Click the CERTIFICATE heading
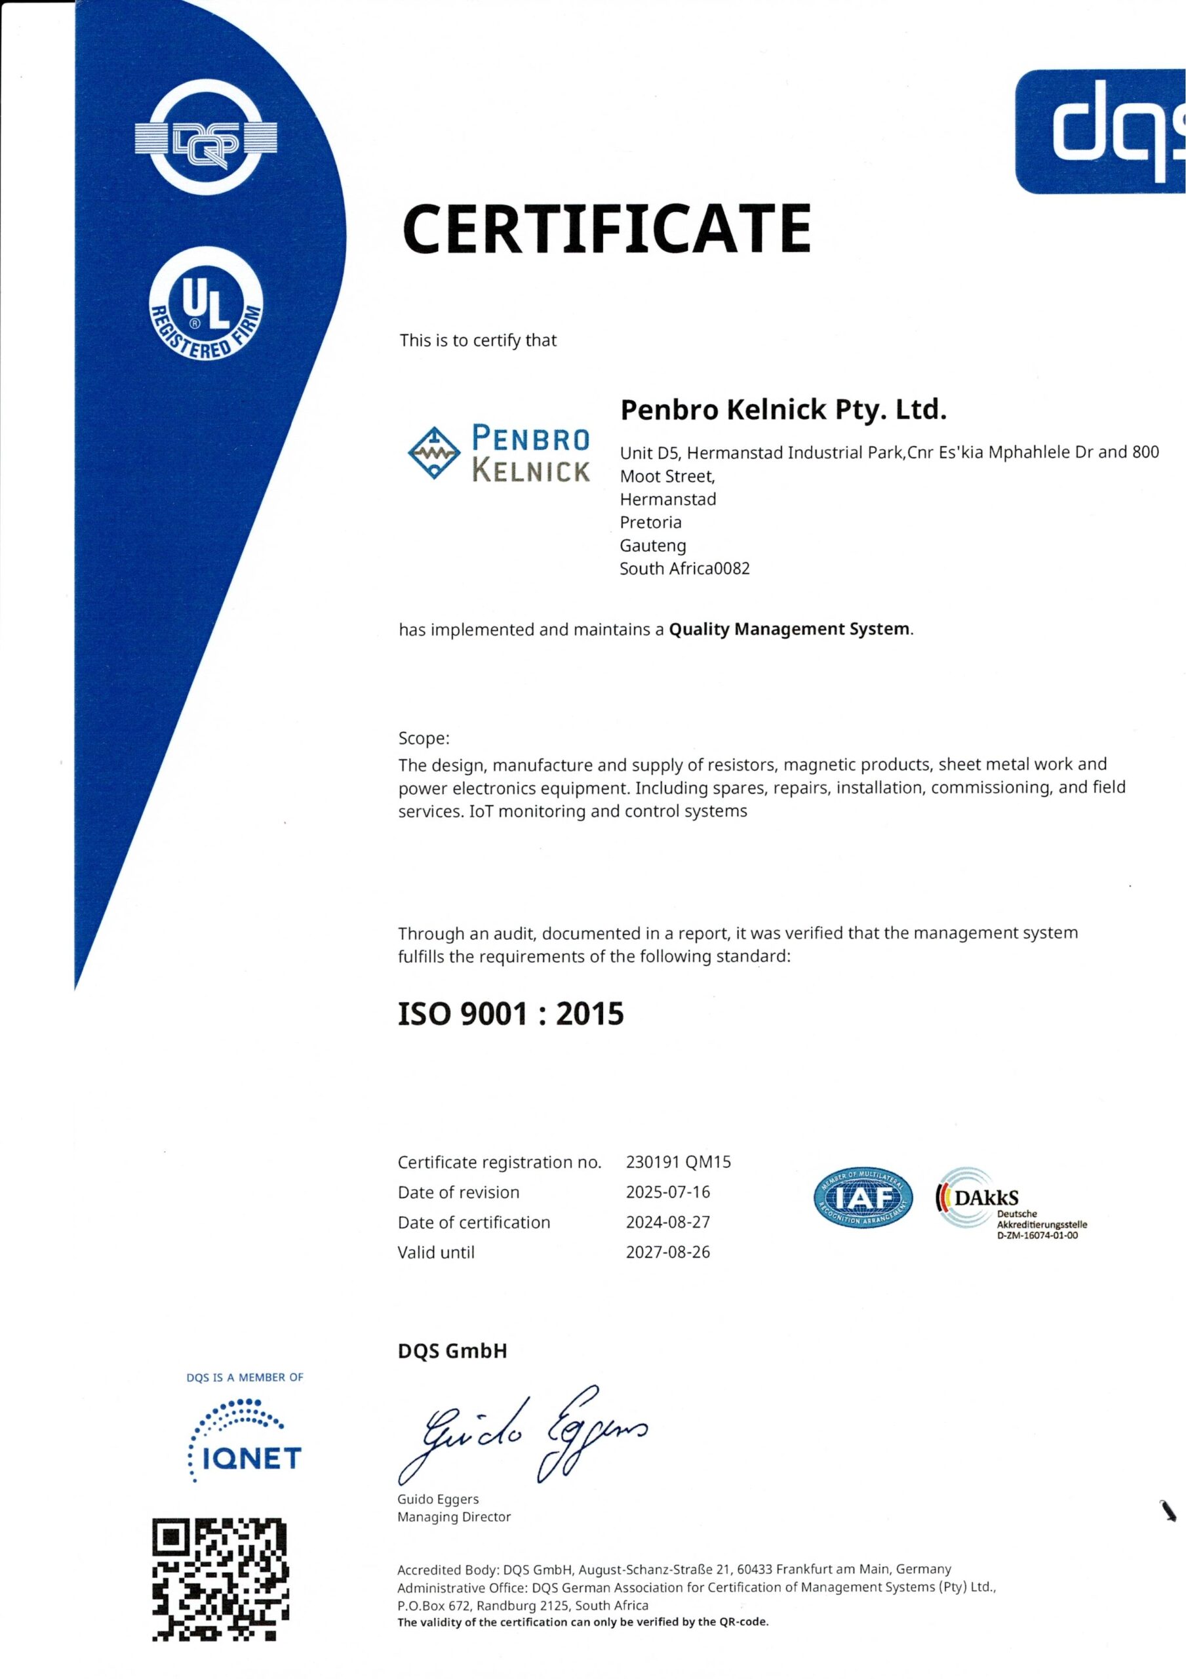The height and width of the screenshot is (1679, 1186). [606, 228]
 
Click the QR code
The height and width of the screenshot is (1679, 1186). [221, 1579]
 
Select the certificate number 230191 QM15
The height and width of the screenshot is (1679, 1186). [678, 1162]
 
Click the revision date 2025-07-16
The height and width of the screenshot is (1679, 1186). [667, 1192]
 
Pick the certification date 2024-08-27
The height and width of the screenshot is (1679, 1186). [667, 1222]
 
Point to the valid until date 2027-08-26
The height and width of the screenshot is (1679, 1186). [667, 1252]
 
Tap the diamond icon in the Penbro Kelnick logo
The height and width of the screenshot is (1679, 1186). [433, 453]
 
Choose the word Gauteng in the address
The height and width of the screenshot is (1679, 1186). [652, 546]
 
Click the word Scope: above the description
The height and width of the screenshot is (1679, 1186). [424, 738]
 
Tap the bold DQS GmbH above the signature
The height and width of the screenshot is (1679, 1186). [452, 1351]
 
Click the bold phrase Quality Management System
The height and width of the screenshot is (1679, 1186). [790, 629]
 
